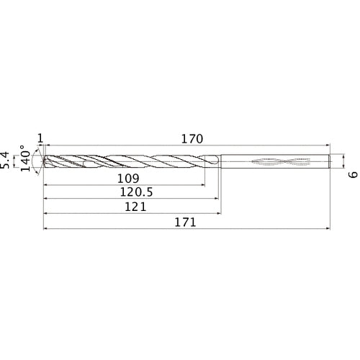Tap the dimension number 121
pyautogui.click(x=135, y=207)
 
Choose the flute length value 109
pyautogui.click(x=127, y=178)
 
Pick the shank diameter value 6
pyautogui.click(x=353, y=175)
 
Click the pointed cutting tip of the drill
pyautogui.click(x=44, y=161)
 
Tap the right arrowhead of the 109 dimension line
pyautogui.click(x=202, y=184)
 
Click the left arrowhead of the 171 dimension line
pyautogui.click(x=46, y=229)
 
